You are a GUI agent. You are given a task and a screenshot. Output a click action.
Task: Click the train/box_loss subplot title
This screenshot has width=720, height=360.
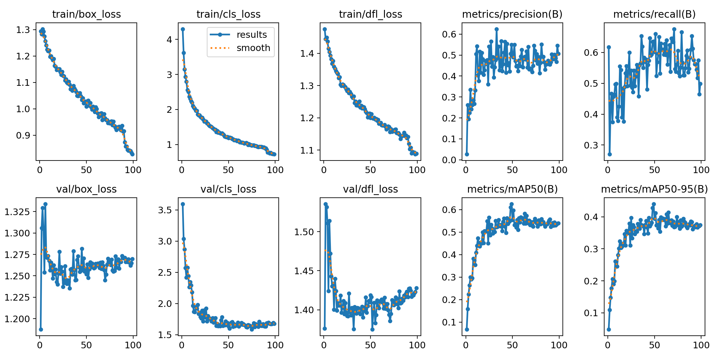click(86, 14)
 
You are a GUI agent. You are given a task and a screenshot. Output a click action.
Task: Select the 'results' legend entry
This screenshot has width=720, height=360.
click(251, 35)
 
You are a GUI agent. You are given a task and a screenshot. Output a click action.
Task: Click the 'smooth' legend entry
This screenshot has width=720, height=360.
click(253, 48)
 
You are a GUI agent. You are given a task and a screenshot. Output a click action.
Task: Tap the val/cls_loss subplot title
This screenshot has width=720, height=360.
click(228, 189)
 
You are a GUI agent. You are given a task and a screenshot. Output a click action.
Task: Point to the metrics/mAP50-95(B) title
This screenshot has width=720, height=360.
click(654, 189)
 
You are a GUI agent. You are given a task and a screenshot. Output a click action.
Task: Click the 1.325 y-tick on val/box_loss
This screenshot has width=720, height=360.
click(17, 212)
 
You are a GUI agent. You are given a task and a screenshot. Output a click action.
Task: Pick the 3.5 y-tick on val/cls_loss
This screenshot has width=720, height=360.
click(165, 210)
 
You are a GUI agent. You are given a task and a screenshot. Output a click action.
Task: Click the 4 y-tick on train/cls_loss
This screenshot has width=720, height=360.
click(169, 40)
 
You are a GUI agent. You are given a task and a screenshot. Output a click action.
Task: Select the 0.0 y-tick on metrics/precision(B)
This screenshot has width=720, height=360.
click(449, 160)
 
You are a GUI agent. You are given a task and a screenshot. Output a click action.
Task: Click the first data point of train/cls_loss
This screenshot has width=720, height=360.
click(183, 29)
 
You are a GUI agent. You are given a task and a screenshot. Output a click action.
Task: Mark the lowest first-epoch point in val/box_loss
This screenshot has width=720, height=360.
click(41, 329)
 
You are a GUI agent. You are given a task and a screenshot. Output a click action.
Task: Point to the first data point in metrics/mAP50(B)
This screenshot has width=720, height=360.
click(467, 329)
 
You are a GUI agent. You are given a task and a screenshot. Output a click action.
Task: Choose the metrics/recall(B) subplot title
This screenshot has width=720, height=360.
click(654, 14)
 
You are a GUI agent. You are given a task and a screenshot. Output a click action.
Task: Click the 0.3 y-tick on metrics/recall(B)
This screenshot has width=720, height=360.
click(591, 145)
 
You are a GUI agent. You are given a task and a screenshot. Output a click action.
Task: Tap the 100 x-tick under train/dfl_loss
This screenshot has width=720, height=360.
click(417, 170)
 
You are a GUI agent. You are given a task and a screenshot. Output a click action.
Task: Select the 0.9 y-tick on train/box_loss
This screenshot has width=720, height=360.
click(23, 135)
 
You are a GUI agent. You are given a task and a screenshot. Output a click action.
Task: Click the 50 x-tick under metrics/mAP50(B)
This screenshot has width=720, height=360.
click(512, 345)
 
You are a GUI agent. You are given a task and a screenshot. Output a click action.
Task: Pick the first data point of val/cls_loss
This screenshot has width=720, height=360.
click(183, 204)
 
